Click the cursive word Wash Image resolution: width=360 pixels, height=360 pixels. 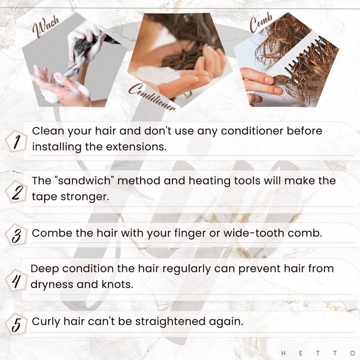click(45, 27)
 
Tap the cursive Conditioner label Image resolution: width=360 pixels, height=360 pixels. click(152, 97)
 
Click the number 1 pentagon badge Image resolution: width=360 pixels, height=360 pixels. click(16, 141)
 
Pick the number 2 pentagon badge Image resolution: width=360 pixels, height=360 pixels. click(16, 192)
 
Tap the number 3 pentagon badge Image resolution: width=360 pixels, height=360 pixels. click(16, 235)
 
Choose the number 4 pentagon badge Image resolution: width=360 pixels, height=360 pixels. click(16, 280)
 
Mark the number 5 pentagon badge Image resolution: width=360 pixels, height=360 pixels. click(16, 324)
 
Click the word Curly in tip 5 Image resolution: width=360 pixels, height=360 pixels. click(46, 322)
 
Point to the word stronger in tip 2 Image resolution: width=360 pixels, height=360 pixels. click(85, 197)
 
